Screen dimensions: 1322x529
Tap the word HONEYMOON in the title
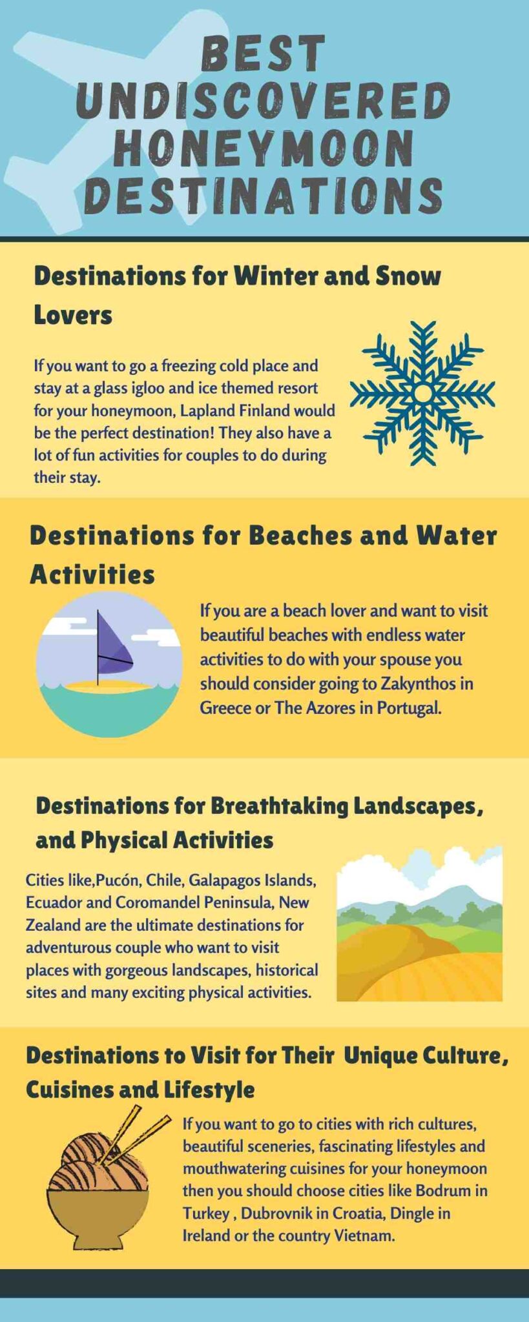[x=264, y=147]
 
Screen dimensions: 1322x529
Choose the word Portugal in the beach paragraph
[x=410, y=707]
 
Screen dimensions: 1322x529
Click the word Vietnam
[x=363, y=1236]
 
